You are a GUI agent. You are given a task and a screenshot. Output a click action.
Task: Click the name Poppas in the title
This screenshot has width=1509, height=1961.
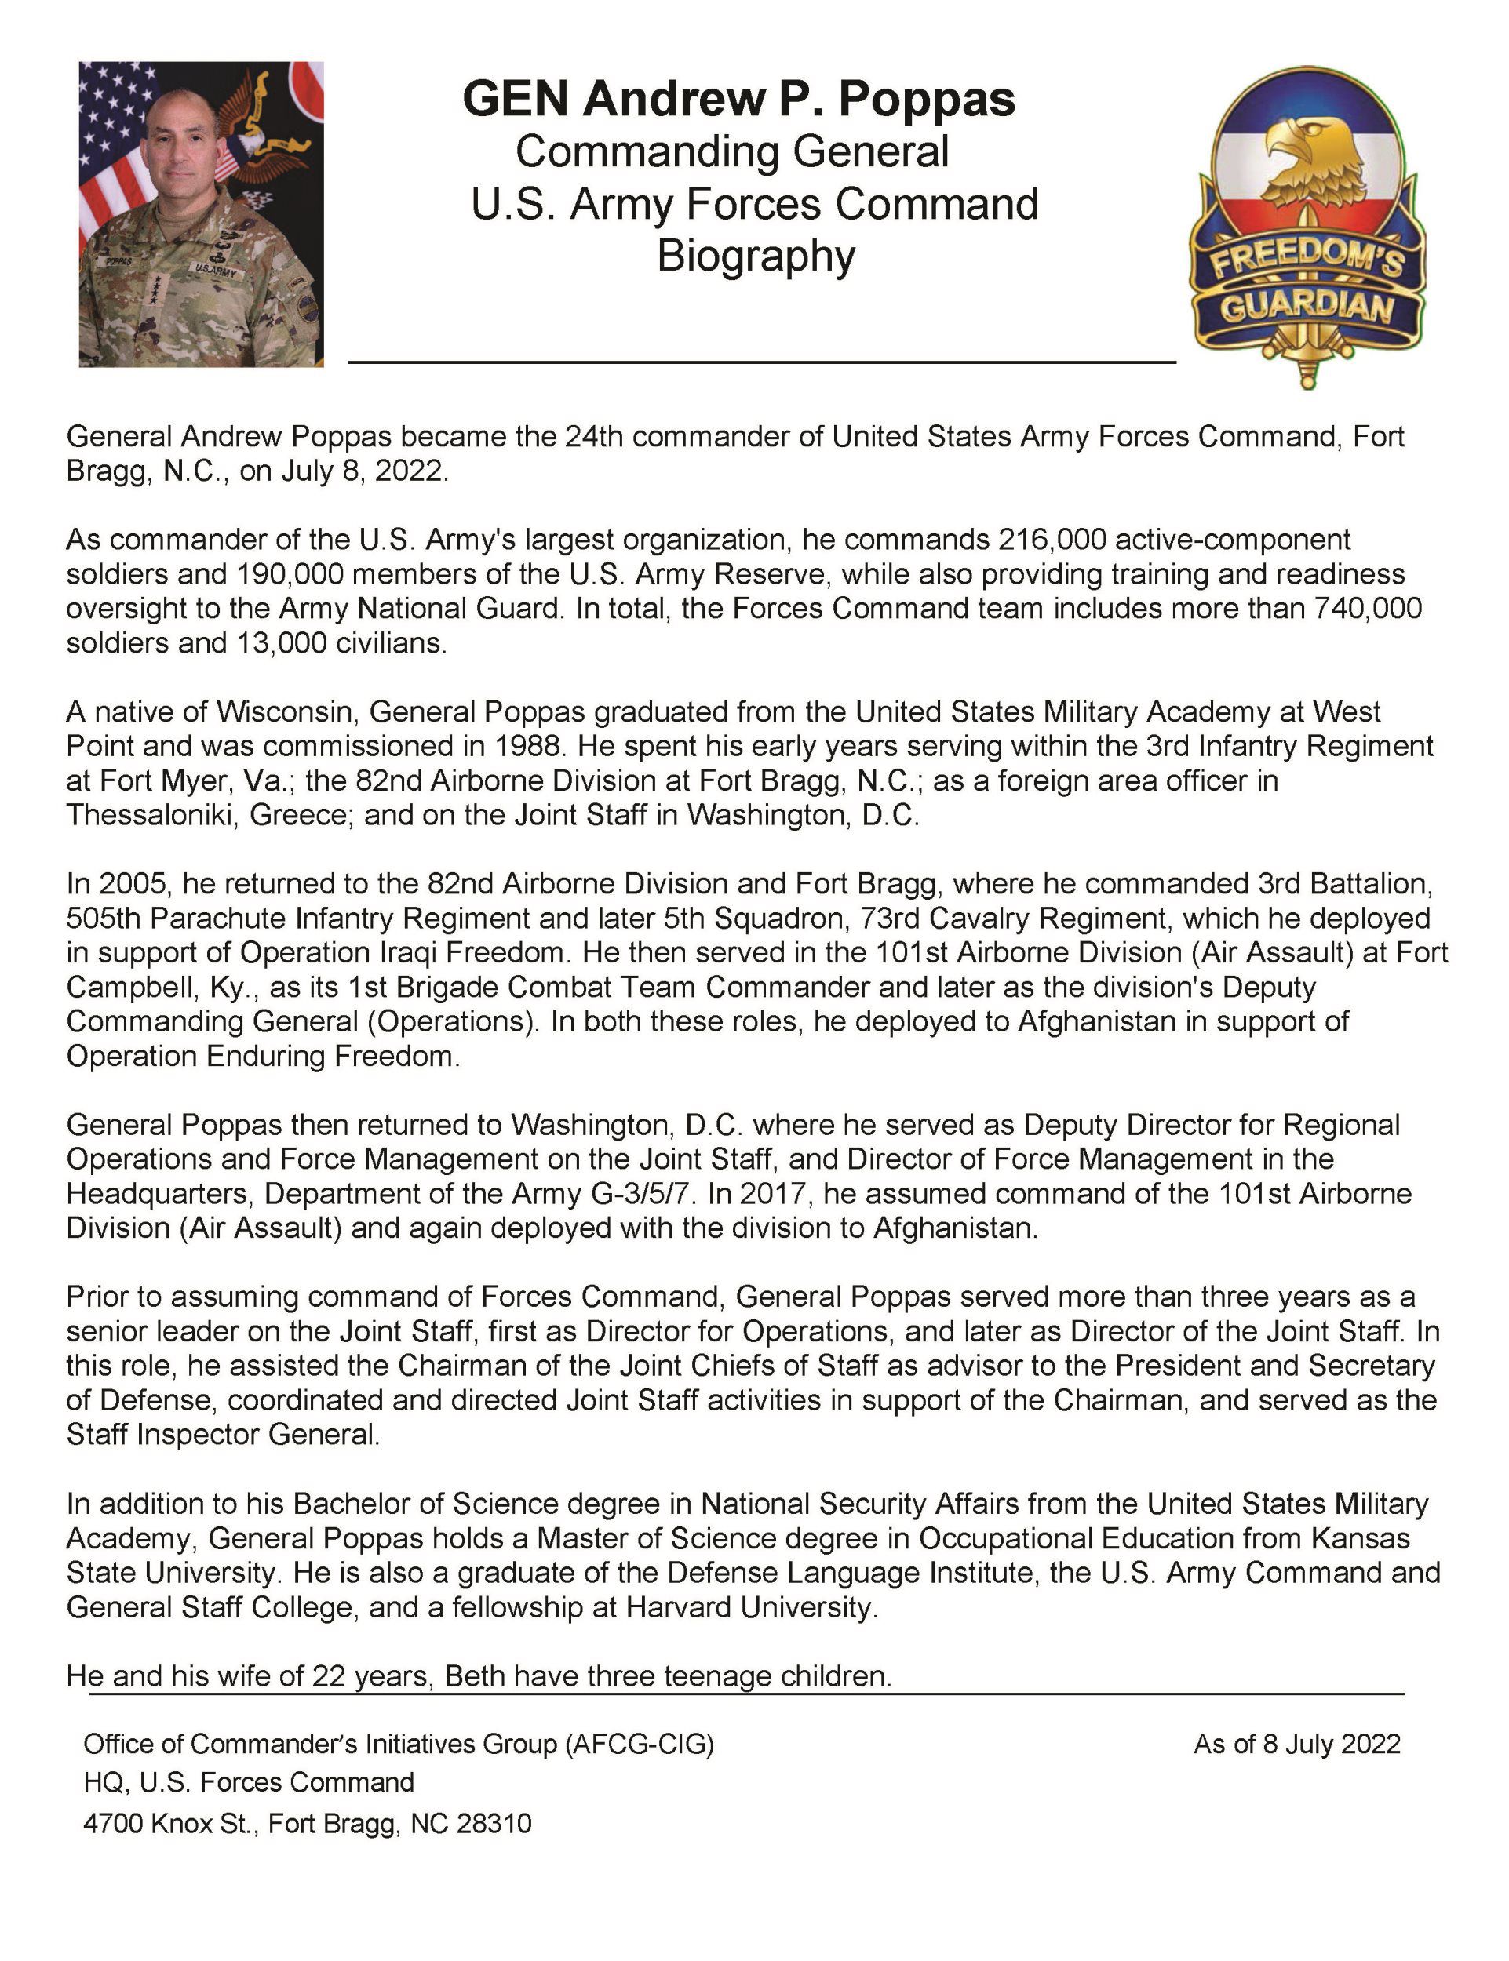point(926,99)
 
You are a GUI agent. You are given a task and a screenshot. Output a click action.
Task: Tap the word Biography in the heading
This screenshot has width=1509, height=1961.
point(756,256)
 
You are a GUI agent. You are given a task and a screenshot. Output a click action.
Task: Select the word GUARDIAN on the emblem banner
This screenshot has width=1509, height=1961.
point(1307,309)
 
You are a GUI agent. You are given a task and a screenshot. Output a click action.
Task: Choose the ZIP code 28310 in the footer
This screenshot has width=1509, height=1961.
point(494,1824)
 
